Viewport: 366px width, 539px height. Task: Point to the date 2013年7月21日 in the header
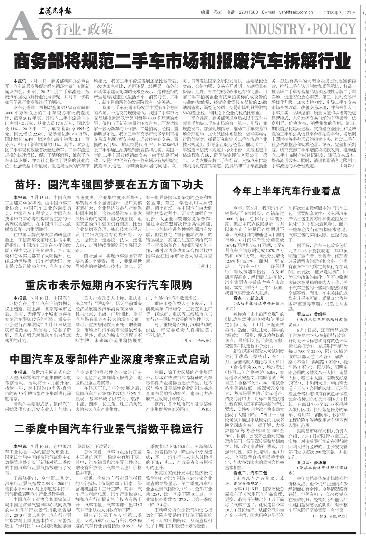(340, 12)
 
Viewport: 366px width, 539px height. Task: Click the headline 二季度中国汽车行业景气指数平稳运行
(109, 429)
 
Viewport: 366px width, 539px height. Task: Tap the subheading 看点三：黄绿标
(312, 314)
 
